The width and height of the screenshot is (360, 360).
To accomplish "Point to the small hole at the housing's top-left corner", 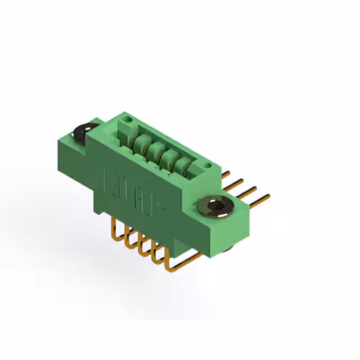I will (128, 120).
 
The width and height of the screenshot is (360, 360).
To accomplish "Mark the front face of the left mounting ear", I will (70, 152).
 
